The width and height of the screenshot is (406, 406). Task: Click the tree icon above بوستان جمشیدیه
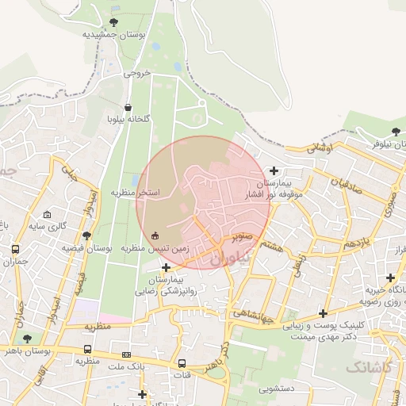click(114, 22)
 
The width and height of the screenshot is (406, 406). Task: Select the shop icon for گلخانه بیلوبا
click(128, 107)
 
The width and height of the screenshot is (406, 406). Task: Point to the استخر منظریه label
click(135, 193)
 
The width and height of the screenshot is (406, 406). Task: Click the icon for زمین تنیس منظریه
click(155, 236)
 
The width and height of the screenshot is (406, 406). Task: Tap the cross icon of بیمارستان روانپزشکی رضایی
click(166, 267)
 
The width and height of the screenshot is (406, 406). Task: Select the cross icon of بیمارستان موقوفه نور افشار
click(274, 170)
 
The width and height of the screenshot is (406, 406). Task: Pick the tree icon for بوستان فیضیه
click(87, 236)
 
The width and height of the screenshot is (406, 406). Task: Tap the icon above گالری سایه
click(48, 215)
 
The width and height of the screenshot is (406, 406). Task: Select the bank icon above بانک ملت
click(126, 354)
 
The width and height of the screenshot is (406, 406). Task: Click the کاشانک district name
click(367, 366)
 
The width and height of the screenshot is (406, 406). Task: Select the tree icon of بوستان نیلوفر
click(396, 132)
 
